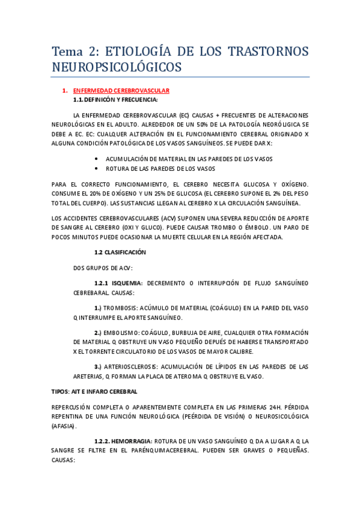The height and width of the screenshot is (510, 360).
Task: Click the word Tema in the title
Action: pos(68,52)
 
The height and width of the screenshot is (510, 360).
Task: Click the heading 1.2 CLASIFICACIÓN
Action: pos(120,252)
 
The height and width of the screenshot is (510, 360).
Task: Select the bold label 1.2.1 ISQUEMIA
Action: pos(118,282)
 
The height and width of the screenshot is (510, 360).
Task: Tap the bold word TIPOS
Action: pos(61,391)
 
